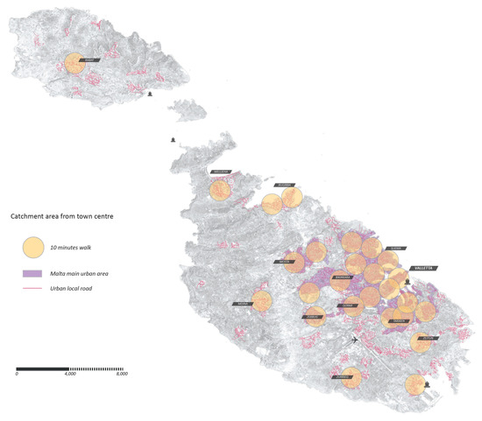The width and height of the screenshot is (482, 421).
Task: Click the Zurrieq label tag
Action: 344,378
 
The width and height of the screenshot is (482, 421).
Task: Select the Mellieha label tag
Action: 220,172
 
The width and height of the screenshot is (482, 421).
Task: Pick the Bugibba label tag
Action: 285,186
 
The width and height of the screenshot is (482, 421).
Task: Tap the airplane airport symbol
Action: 354,340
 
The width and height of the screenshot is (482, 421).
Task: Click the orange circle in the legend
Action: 32,249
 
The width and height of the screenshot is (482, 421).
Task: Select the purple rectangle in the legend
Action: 32,274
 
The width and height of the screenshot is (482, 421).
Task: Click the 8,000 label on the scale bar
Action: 122,374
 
